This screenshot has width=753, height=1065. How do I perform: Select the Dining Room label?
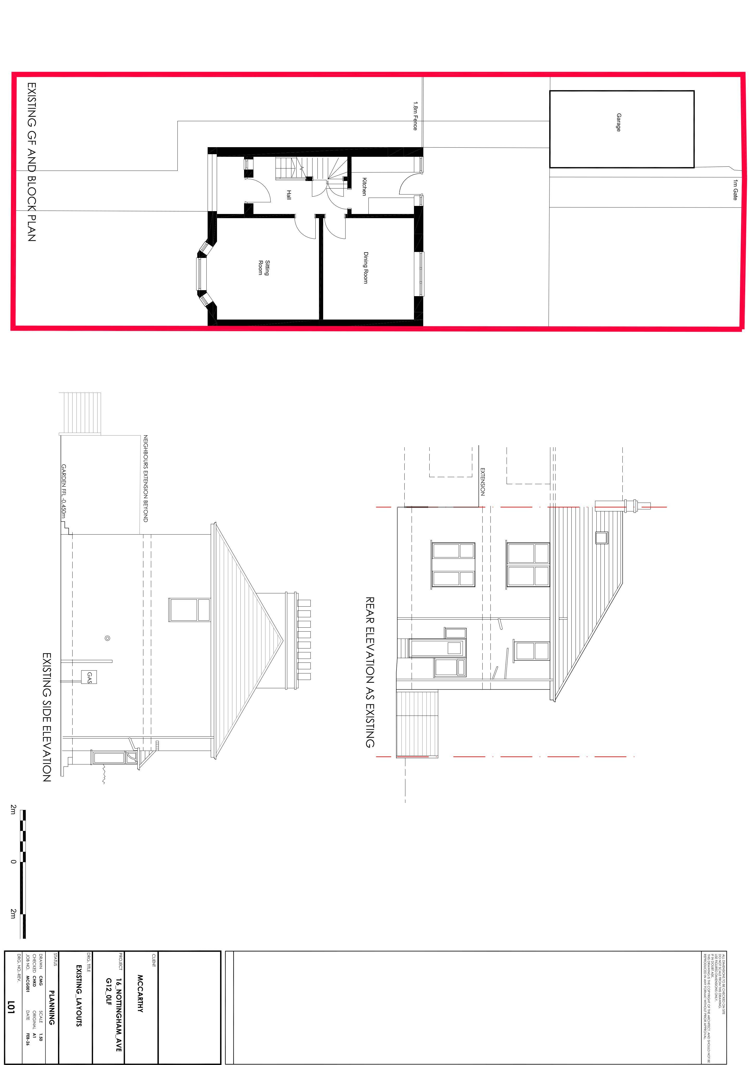coord(366,268)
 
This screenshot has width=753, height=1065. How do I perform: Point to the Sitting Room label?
coord(264,268)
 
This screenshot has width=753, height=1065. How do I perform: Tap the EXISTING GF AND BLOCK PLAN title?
coord(31,162)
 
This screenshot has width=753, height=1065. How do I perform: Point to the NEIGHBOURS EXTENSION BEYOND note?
coord(146,478)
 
